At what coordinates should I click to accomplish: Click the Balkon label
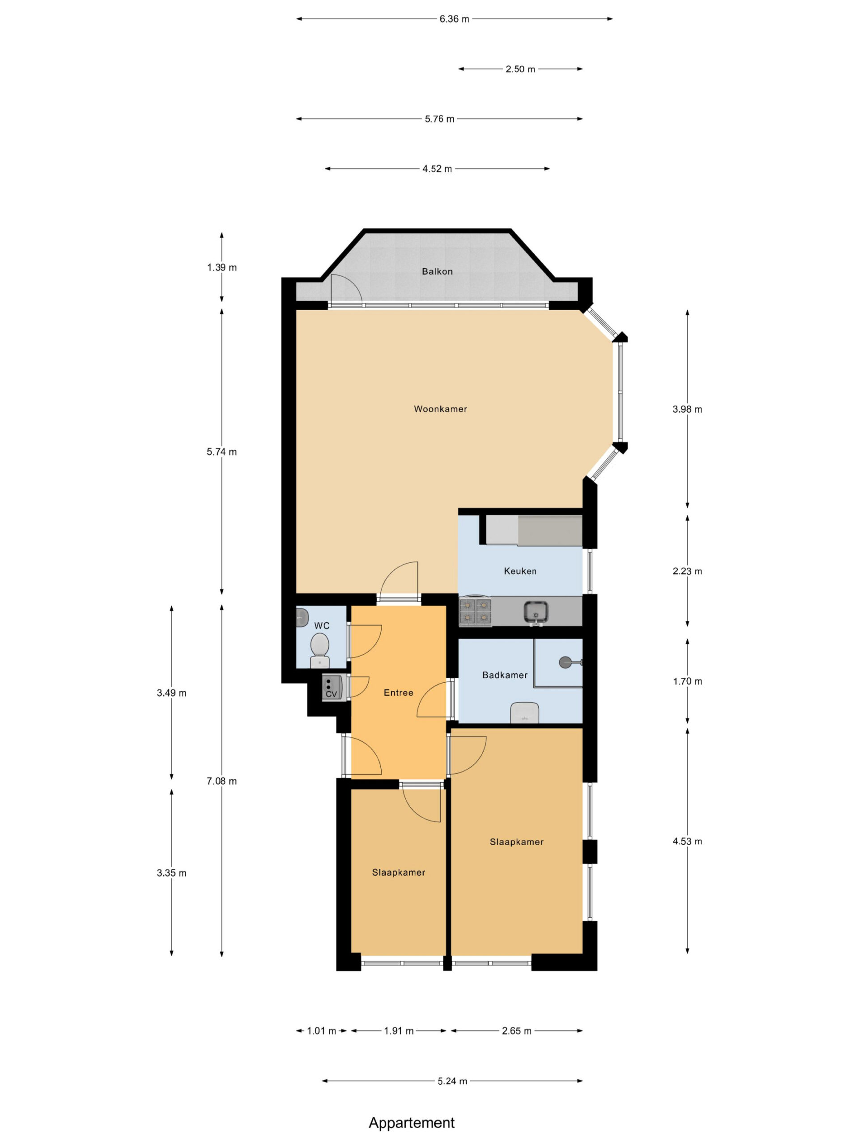(437, 271)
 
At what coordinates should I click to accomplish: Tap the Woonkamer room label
(440, 409)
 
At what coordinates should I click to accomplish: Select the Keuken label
(520, 571)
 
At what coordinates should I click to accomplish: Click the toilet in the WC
(319, 651)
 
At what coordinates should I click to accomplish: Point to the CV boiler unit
(332, 688)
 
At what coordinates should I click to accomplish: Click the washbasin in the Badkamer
(524, 712)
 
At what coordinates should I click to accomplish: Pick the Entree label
(398, 693)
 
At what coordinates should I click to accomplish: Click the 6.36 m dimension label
(454, 19)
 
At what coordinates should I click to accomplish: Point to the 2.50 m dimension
(520, 69)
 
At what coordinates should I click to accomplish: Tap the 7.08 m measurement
(221, 781)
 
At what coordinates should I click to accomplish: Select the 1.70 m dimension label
(687, 681)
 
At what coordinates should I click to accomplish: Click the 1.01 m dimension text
(322, 1031)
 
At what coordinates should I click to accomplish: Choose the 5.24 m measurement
(452, 1081)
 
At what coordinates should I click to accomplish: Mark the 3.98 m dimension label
(687, 409)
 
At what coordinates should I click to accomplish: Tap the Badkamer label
(504, 675)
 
